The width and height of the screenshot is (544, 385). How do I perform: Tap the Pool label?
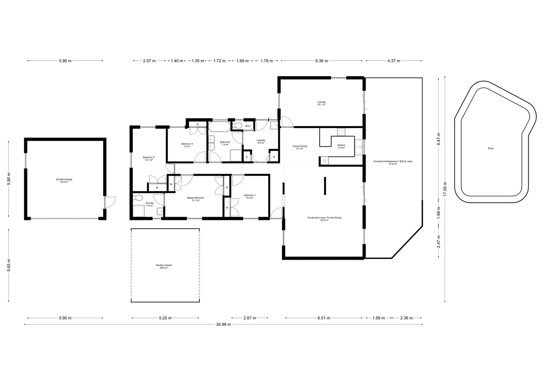[x=491, y=148]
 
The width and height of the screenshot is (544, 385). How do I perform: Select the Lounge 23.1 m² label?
[x=321, y=103]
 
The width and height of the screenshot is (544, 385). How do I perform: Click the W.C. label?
[x=248, y=126]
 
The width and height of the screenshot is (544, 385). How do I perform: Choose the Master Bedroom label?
[x=195, y=199]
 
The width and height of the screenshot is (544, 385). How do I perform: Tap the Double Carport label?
[x=164, y=266]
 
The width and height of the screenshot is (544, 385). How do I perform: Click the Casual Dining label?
[x=299, y=147]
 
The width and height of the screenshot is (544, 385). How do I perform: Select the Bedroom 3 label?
[x=250, y=196]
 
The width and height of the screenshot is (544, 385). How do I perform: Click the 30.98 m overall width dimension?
[x=224, y=324]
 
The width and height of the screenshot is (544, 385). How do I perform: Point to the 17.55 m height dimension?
[x=445, y=189]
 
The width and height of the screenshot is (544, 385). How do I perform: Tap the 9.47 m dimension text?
[x=439, y=139]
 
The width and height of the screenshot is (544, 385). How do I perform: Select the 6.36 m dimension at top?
[x=321, y=61]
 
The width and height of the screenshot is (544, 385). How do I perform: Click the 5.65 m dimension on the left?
[x=9, y=265]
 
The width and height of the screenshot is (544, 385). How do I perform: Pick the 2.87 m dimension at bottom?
[x=250, y=318]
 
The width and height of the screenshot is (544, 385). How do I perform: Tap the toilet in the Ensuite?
[x=137, y=198]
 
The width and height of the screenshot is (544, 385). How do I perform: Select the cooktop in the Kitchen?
[x=341, y=132]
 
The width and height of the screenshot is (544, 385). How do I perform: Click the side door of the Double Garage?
[x=110, y=202]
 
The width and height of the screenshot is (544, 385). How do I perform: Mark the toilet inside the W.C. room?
[x=237, y=125]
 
